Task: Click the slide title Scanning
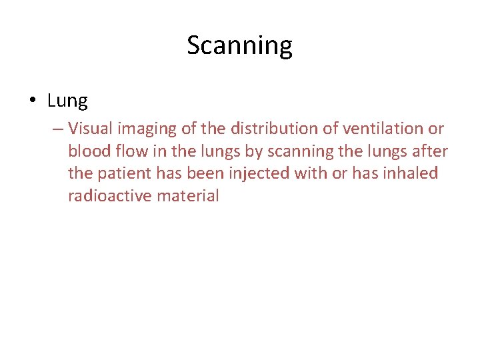(239, 46)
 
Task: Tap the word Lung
(67, 101)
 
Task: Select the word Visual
(90, 128)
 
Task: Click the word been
(201, 173)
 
